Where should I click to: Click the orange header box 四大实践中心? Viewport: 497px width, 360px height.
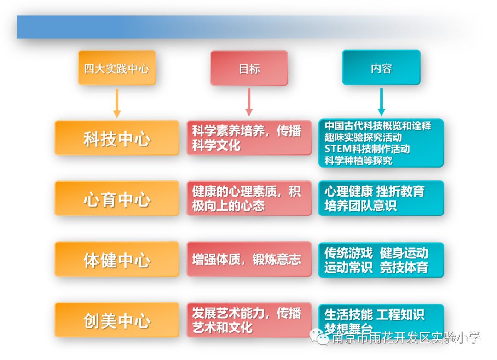116,68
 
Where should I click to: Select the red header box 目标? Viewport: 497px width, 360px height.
249,68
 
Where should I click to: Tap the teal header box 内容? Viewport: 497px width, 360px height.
381,68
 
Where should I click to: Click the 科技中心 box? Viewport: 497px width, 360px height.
116,138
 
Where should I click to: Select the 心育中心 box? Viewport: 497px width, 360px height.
116,199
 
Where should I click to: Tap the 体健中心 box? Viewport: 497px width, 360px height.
116,260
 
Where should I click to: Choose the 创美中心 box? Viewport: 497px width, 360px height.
116,320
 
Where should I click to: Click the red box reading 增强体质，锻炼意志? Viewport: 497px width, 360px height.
249,259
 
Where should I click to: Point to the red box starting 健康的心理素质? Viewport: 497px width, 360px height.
249,198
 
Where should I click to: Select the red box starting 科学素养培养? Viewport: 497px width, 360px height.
249,138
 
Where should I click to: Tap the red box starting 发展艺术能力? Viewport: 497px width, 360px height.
249,320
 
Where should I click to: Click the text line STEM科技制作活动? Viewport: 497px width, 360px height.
367,149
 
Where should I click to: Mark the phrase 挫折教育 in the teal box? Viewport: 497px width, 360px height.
400,191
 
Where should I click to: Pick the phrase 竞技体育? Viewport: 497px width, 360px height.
404,267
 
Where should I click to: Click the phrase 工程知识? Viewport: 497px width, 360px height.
400,314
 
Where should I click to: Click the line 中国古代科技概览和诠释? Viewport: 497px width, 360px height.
377,125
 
